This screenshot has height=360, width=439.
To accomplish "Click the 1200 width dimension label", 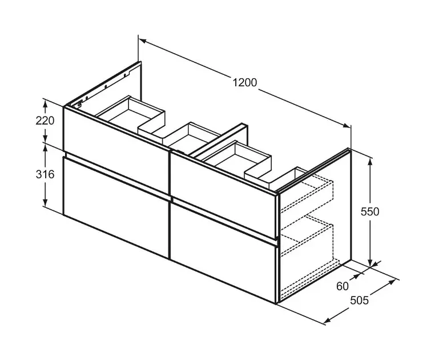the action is tap(245, 83).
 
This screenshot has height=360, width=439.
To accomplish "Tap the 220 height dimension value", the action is tap(45, 121).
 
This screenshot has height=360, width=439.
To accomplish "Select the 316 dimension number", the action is tap(45, 174).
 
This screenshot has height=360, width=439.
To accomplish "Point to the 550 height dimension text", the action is tap(370, 211).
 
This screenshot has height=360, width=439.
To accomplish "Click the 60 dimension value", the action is tap(343, 286).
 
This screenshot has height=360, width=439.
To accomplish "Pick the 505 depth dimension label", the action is tap(360, 301).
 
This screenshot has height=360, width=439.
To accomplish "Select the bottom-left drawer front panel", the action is tap(116, 208).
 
